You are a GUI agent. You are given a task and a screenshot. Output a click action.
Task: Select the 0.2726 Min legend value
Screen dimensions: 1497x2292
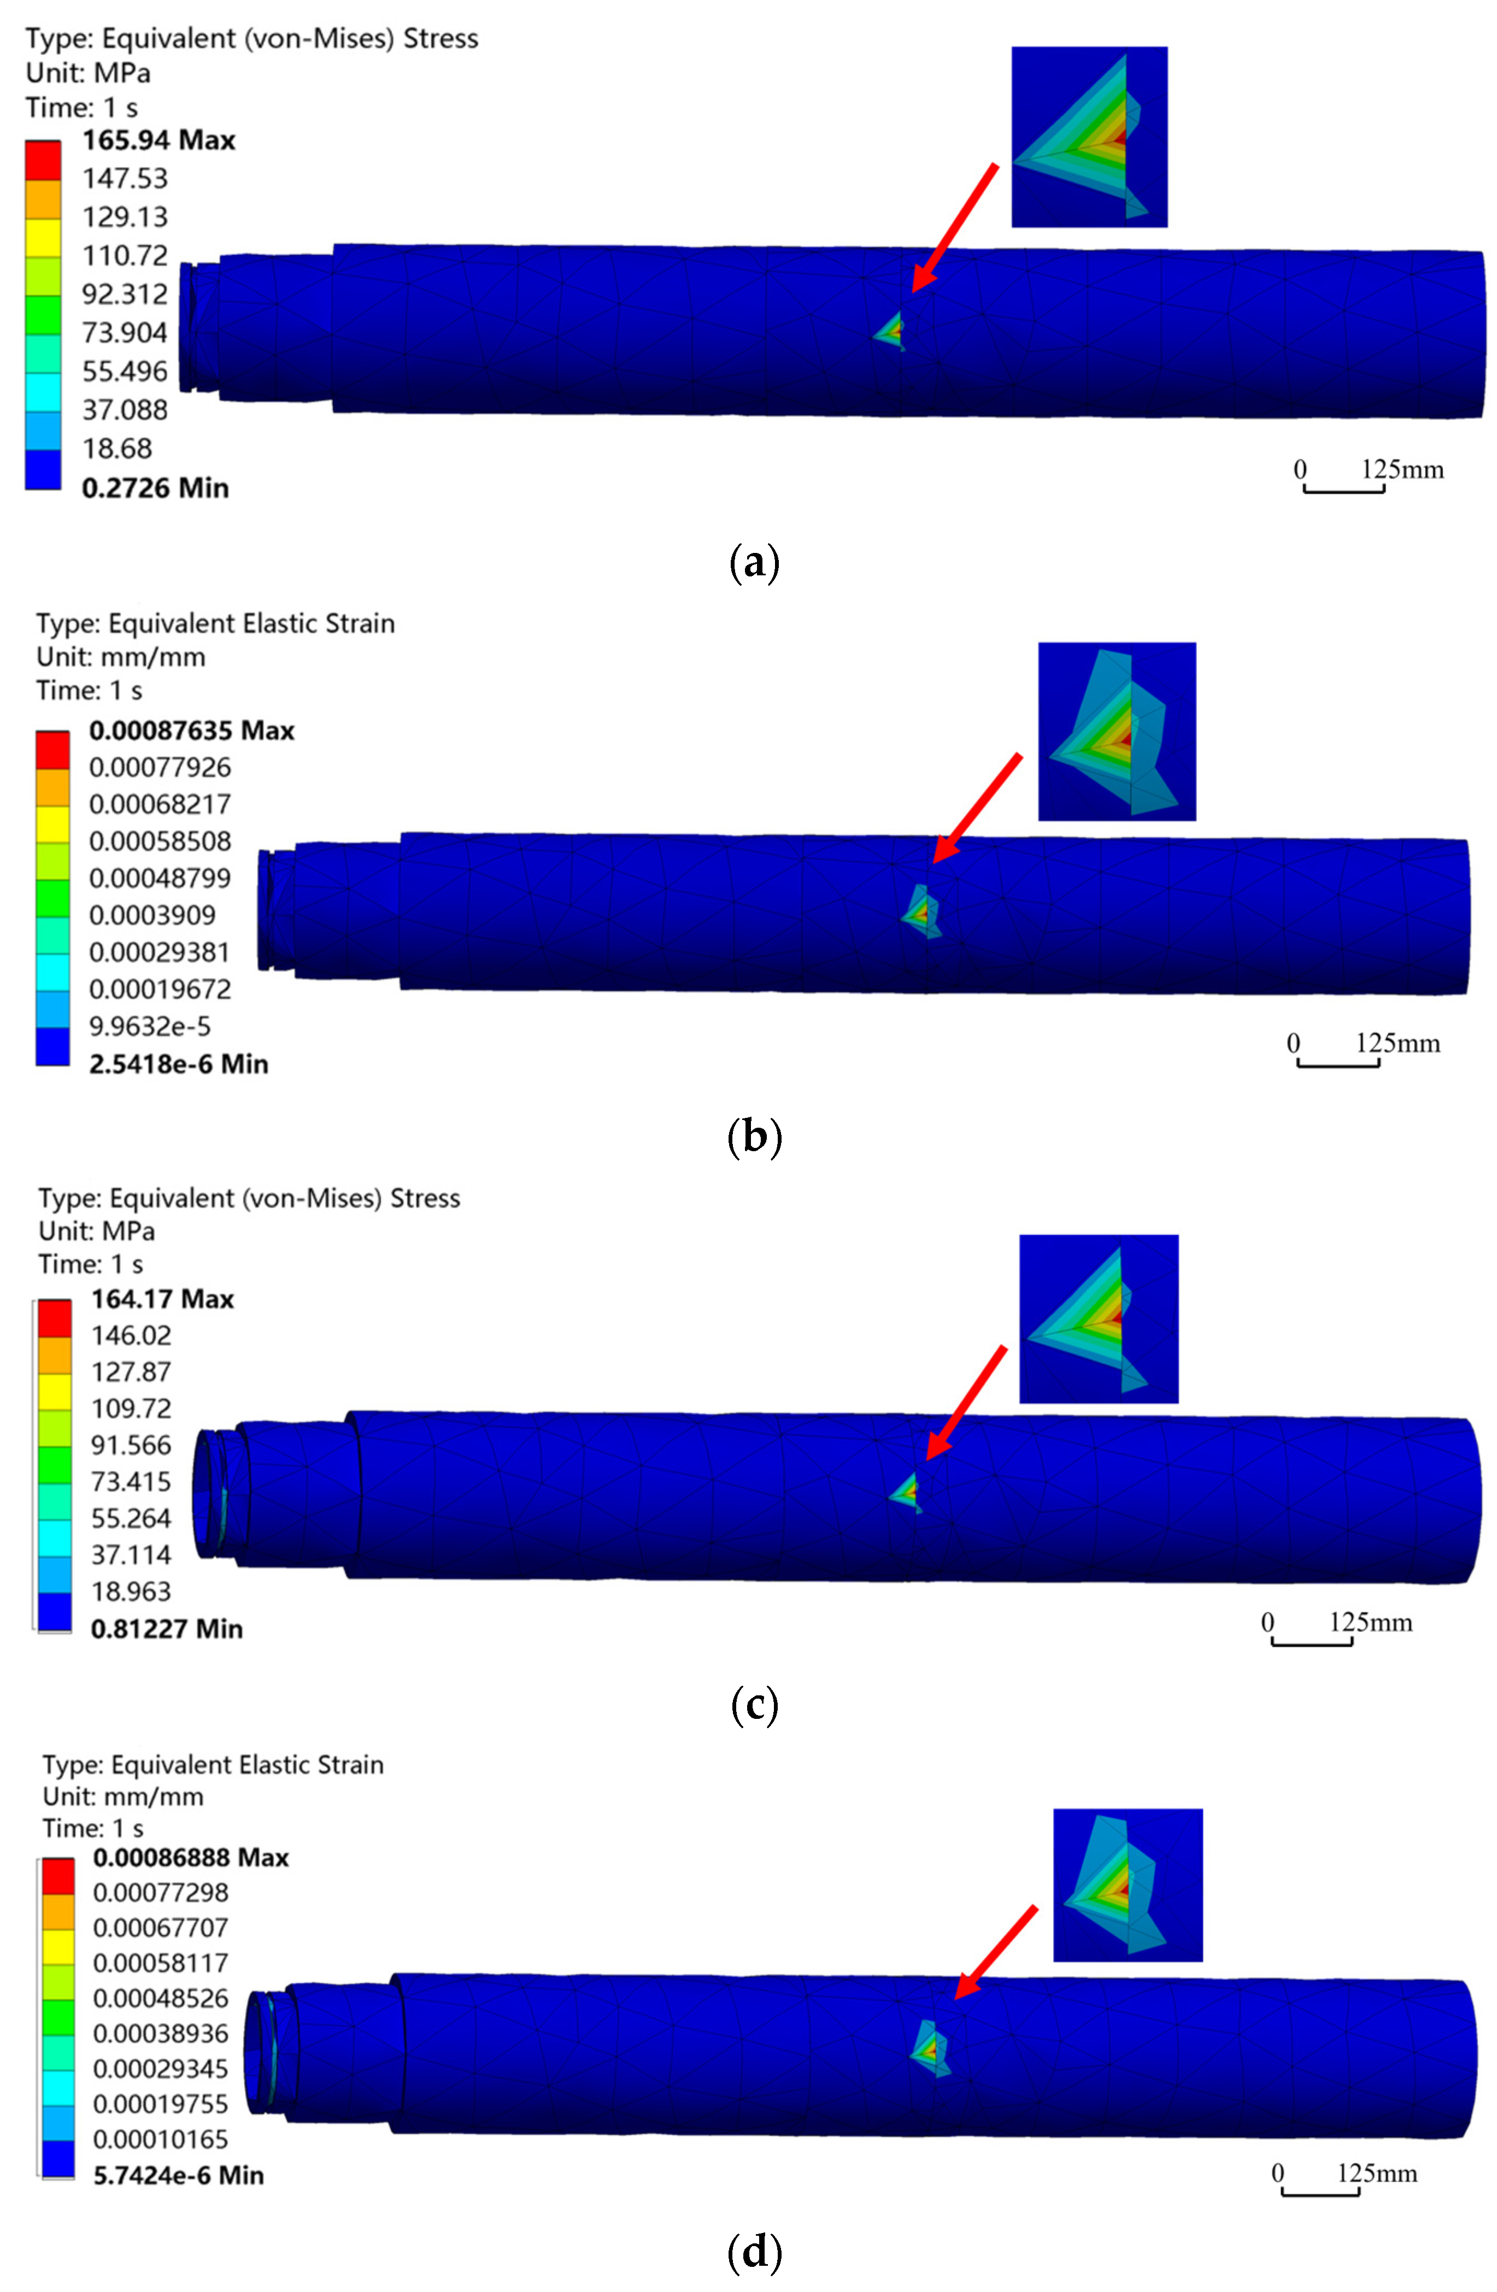pos(155,488)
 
